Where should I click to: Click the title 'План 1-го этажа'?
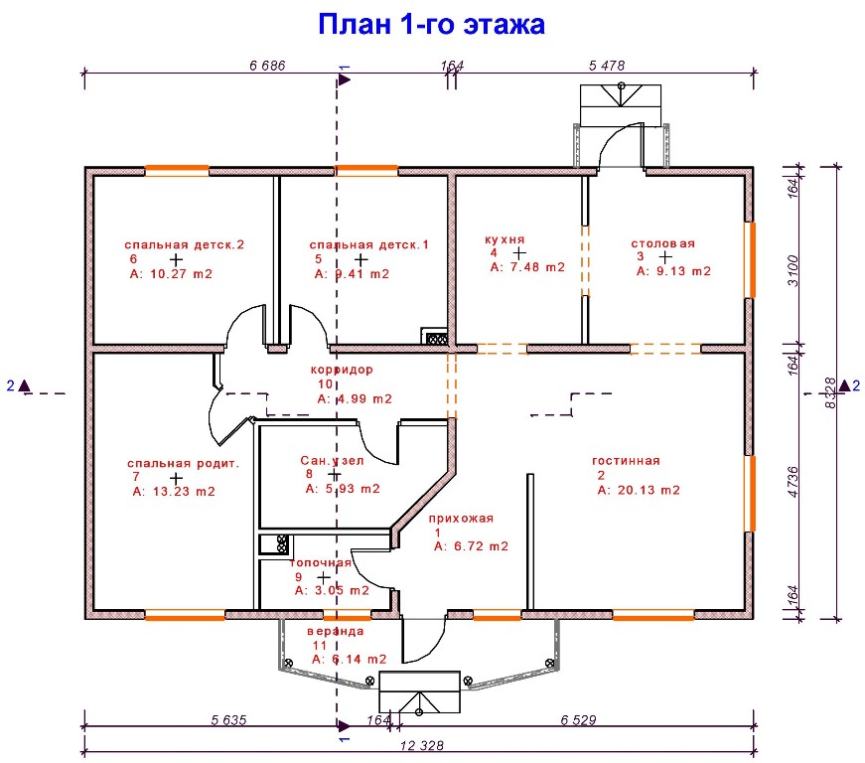[431, 24]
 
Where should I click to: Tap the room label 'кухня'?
[505, 239]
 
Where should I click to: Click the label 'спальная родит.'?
[184, 463]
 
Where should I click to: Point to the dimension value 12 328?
[421, 746]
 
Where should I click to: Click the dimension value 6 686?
[267, 66]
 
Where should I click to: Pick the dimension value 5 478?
[607, 66]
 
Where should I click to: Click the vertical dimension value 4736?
[793, 479]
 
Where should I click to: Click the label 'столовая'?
[662, 243]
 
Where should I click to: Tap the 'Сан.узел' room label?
[333, 461]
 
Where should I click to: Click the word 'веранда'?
[335, 630]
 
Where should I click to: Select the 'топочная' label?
[321, 562]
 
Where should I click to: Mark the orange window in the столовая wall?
[750, 259]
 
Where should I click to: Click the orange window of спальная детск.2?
[177, 170]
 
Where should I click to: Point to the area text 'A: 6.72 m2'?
[471, 546]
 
